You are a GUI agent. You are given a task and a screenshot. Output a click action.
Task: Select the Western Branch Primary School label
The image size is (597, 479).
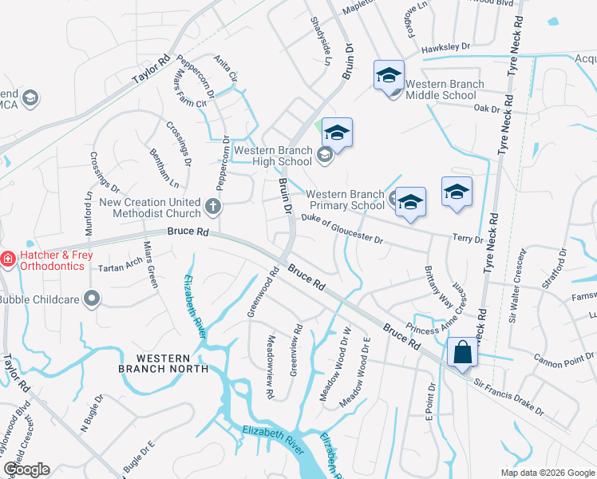click(x=346, y=200)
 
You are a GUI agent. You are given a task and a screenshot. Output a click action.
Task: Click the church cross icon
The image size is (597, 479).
click(x=212, y=207)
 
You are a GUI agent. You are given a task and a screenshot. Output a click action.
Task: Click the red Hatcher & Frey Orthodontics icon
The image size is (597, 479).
click(x=7, y=259)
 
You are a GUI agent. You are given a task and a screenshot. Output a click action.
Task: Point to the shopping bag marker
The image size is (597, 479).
click(x=462, y=352)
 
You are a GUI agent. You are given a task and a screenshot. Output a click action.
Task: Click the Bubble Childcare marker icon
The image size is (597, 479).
click(x=93, y=299)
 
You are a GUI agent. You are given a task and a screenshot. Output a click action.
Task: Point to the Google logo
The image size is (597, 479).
click(x=26, y=469)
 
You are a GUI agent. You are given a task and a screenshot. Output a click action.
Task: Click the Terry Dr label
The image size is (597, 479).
click(x=468, y=238)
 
